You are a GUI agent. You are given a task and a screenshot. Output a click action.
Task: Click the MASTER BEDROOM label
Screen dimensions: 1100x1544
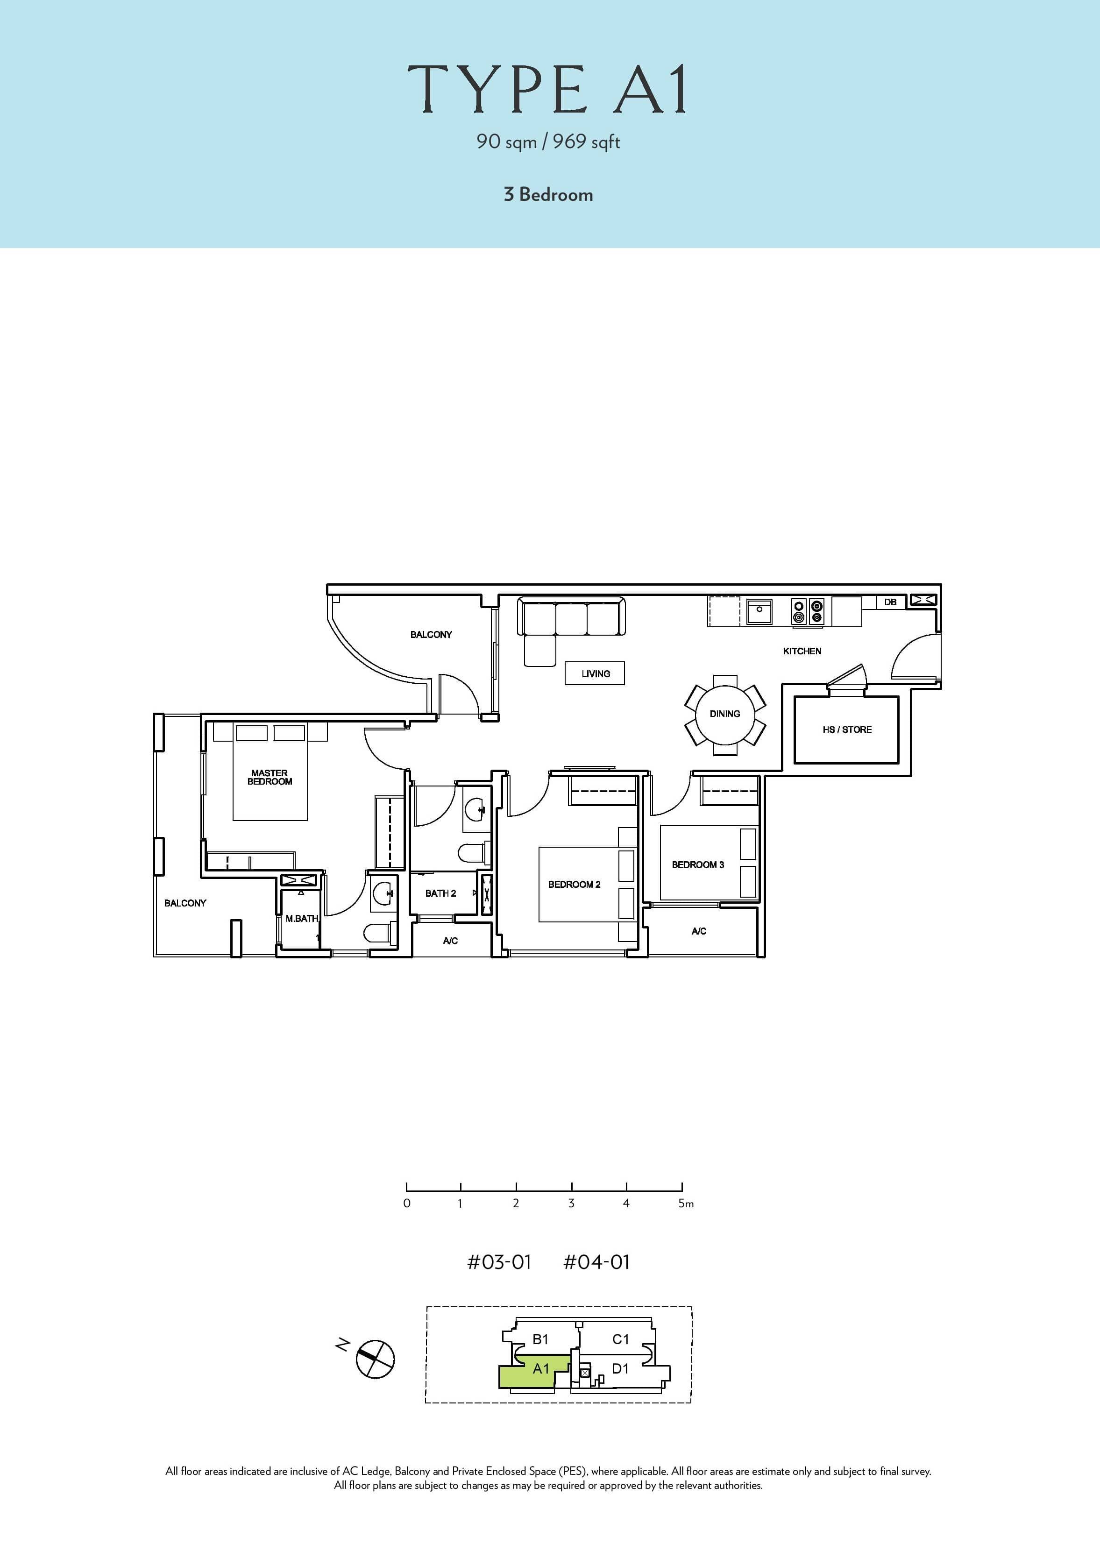click(x=270, y=777)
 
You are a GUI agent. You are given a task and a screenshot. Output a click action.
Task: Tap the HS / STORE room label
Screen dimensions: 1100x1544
click(x=847, y=730)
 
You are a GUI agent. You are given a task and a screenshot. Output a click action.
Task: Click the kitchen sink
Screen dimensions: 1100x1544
click(x=760, y=611)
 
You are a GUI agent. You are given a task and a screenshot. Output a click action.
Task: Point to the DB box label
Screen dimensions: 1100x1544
click(x=890, y=602)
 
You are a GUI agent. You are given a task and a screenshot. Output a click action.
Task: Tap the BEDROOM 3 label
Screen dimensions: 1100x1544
click(x=698, y=865)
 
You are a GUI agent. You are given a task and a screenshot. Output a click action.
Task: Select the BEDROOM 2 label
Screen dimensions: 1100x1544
click(x=574, y=885)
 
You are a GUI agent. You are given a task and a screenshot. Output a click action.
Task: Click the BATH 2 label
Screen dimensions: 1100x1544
click(x=440, y=893)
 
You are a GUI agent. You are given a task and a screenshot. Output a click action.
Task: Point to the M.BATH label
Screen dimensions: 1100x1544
click(x=301, y=918)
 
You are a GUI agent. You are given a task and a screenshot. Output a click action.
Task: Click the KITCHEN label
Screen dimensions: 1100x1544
click(x=802, y=651)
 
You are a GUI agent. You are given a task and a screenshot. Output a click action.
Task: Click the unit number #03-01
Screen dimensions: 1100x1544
click(x=499, y=1262)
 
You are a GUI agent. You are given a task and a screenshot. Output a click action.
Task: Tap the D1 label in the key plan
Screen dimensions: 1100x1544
click(x=620, y=1368)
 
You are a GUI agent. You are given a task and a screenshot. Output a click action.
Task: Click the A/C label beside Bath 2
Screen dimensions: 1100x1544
click(x=450, y=941)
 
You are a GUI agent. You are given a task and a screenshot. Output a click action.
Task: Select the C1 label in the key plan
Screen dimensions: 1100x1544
click(x=620, y=1339)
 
